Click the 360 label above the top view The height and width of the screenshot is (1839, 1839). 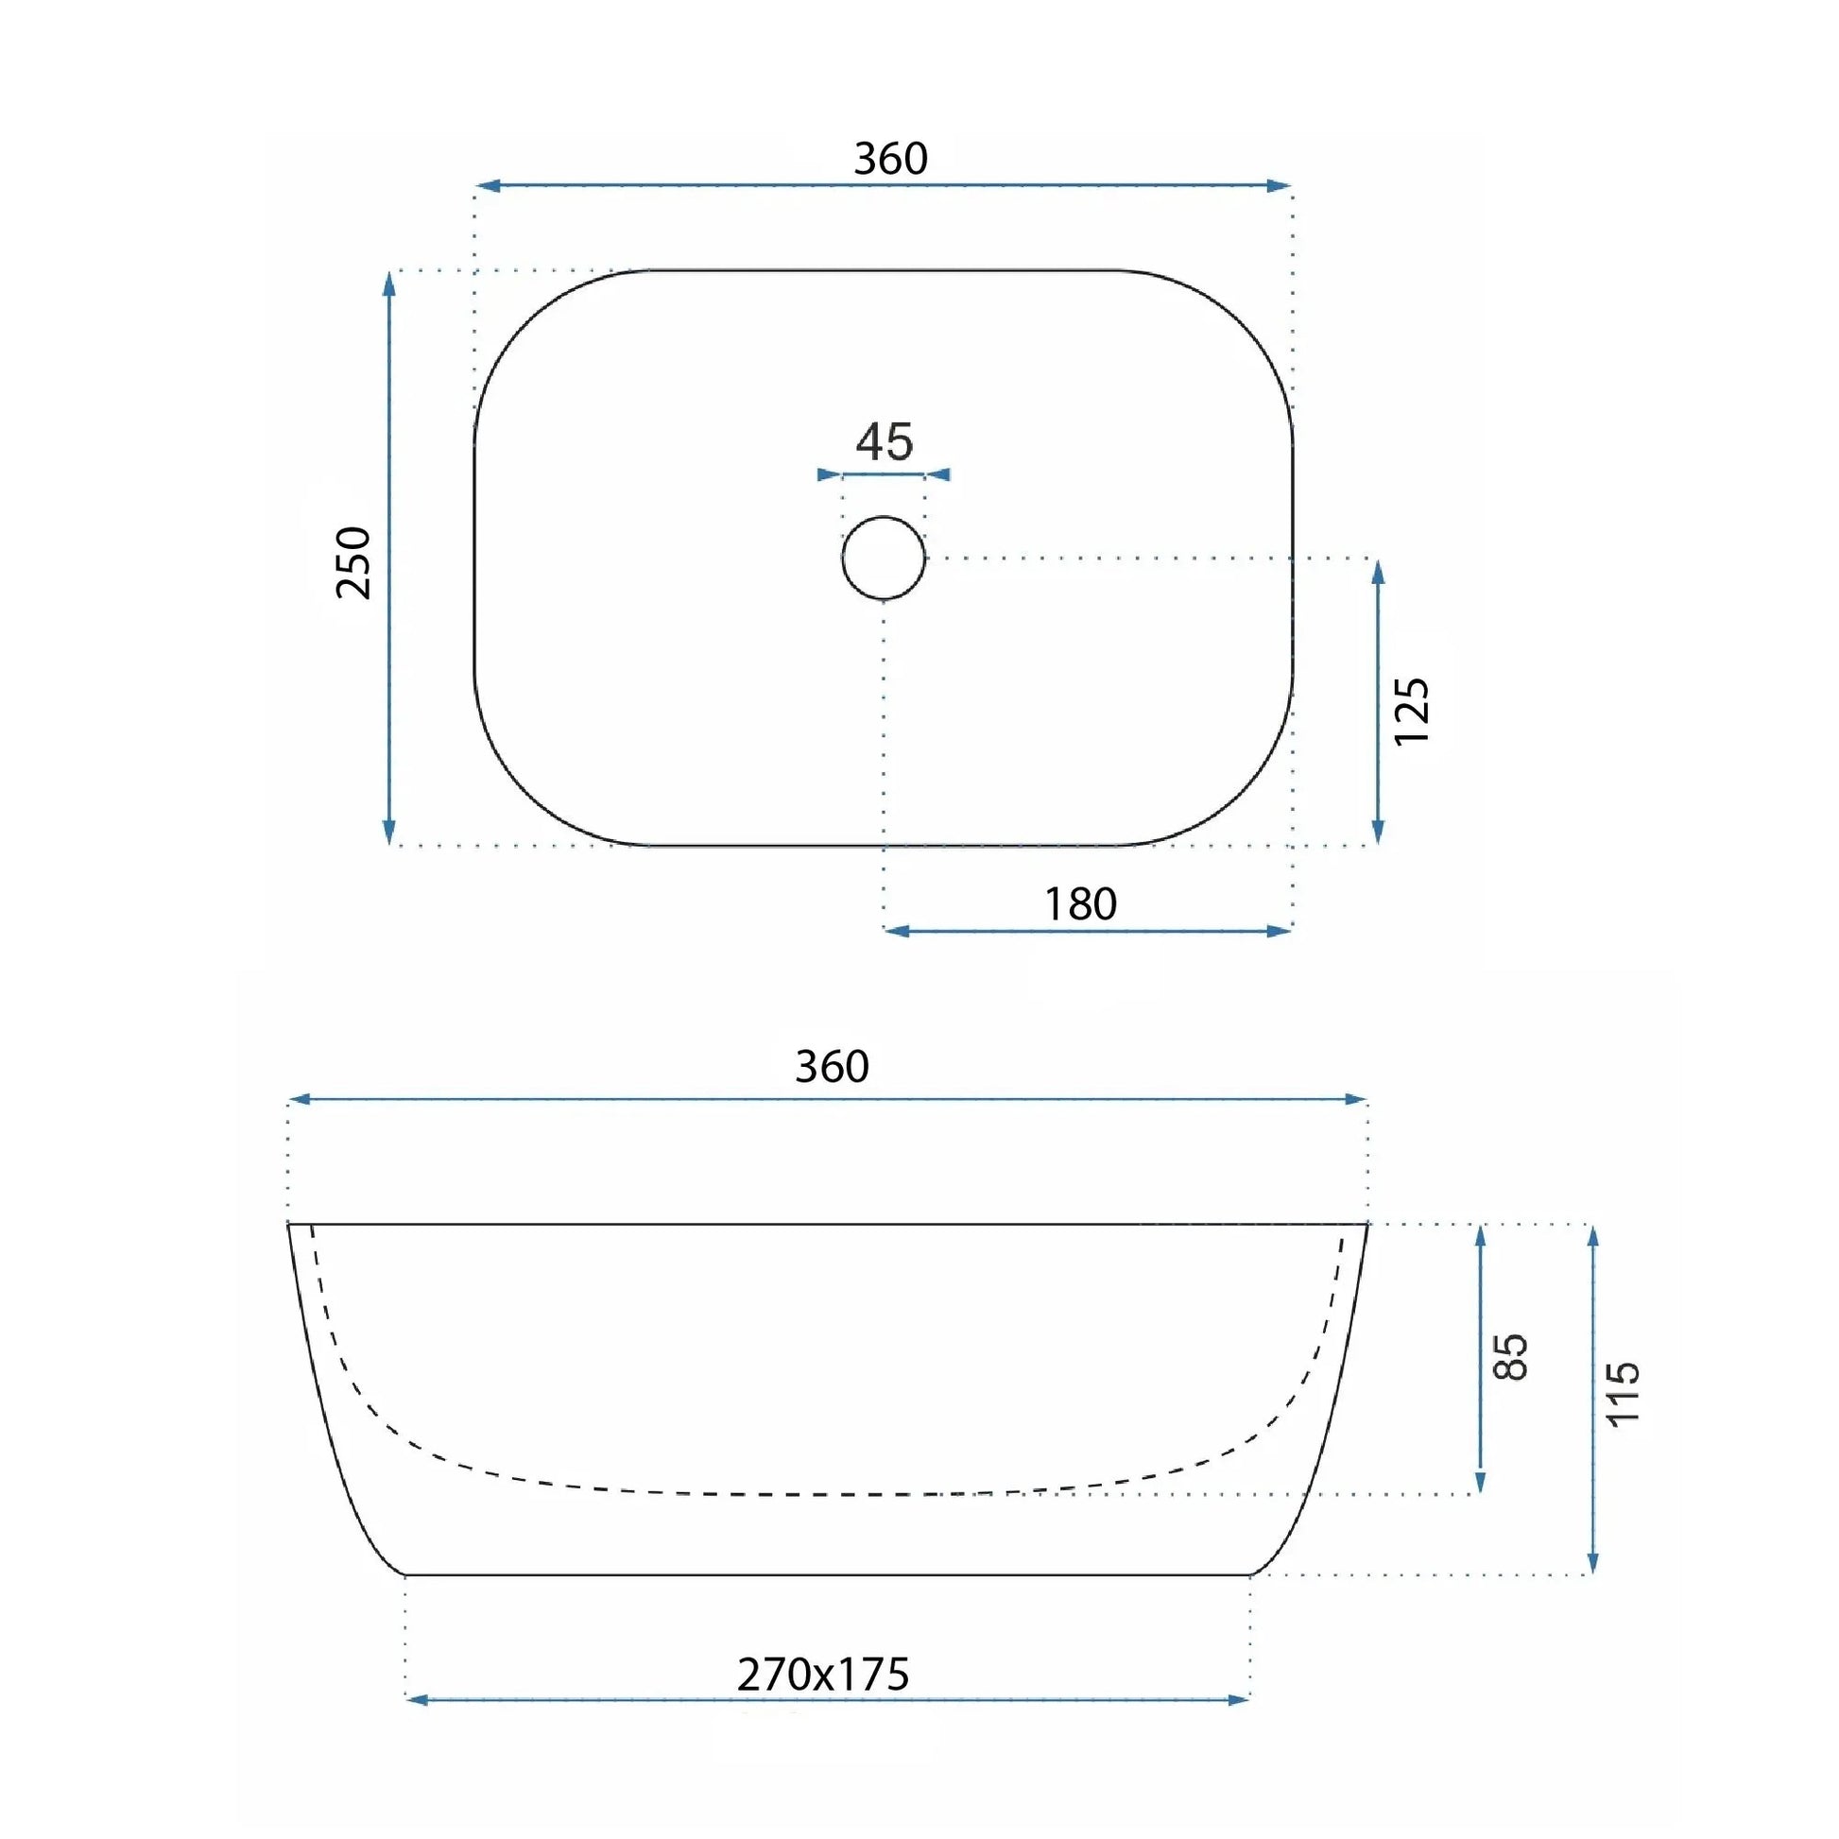coord(890,158)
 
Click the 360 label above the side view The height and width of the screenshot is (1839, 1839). coord(832,1066)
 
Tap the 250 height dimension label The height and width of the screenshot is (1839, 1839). coord(353,561)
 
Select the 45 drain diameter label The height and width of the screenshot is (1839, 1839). coord(885,441)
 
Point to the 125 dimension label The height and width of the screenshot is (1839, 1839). coord(1412,711)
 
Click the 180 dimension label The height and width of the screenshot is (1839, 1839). coord(1080,903)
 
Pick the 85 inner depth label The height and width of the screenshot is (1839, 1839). coord(1512,1356)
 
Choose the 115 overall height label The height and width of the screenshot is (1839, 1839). coord(1624,1394)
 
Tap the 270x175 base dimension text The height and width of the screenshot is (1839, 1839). coord(823,1675)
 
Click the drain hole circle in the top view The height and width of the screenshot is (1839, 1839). coord(884,517)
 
